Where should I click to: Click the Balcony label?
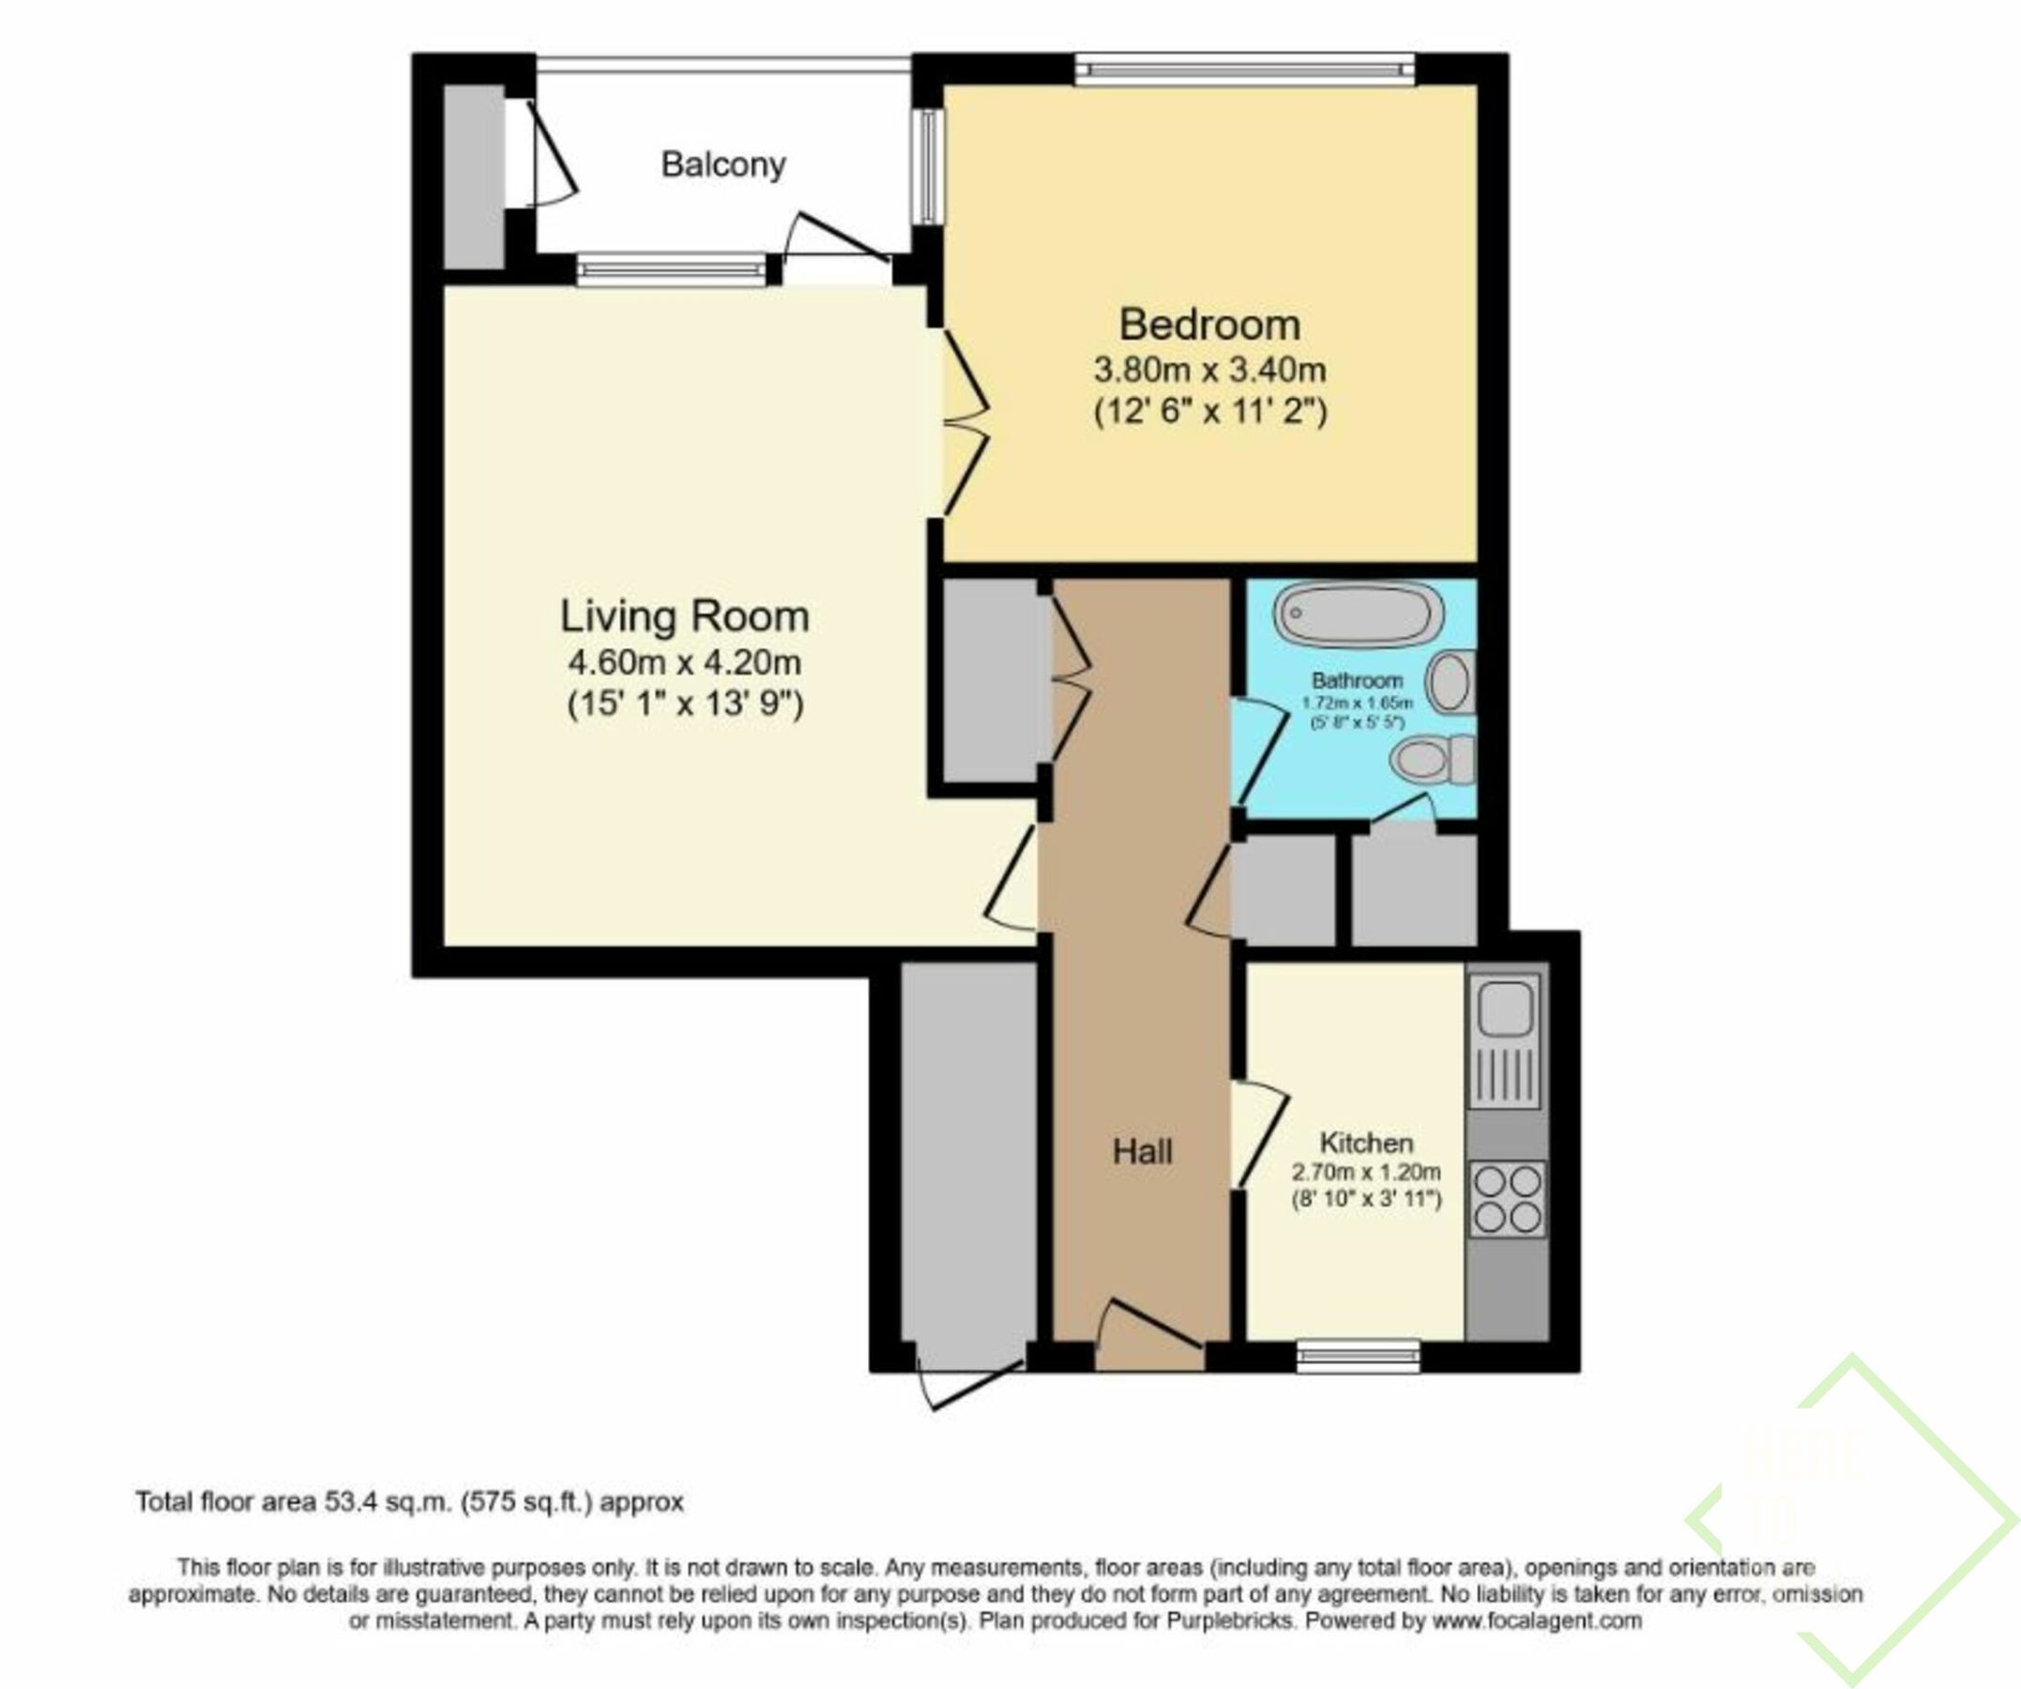722,164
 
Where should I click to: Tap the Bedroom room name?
1209,325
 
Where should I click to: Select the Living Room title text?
684,616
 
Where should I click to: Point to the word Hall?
1143,1151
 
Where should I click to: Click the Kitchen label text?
1365,1143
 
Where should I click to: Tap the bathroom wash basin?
1451,681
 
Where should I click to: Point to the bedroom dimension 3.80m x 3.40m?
1209,370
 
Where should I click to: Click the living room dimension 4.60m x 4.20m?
684,662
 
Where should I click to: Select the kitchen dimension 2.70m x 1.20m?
1365,1172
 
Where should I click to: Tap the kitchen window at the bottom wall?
1358,1355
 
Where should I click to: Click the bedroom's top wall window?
1244,68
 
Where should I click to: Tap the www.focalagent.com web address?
1537,1621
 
